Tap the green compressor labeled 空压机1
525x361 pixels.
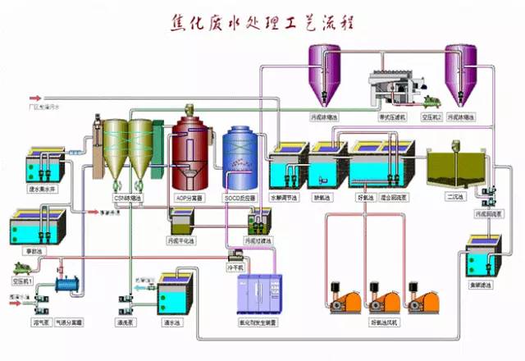click(x=25, y=267)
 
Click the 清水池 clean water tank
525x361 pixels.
click(x=176, y=292)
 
